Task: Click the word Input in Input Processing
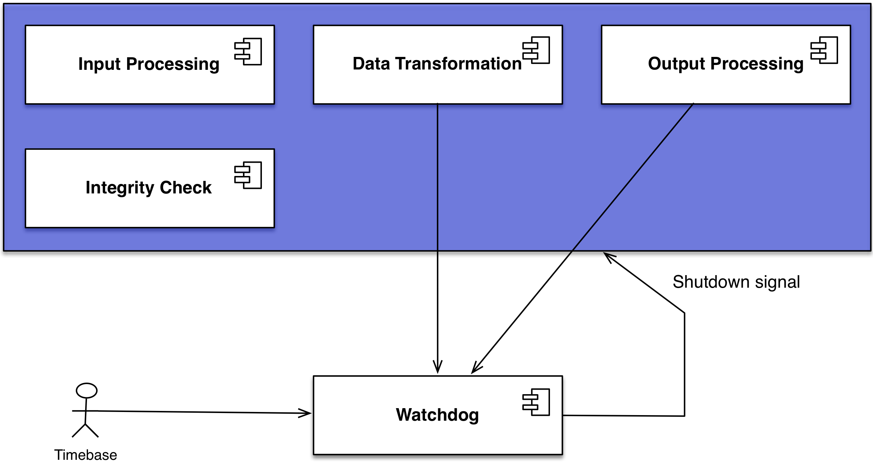(x=100, y=64)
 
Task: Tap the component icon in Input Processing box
(x=248, y=52)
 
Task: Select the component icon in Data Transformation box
(x=536, y=50)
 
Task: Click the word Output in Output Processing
(x=676, y=64)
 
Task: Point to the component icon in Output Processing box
(x=824, y=50)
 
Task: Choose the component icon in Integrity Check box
(x=248, y=175)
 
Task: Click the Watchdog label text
(x=437, y=415)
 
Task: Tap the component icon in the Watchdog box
(x=536, y=402)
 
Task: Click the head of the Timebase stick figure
(x=87, y=390)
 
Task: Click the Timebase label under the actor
(x=86, y=455)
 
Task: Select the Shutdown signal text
(x=736, y=282)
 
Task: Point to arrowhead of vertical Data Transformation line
(x=438, y=369)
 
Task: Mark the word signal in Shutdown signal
(x=777, y=282)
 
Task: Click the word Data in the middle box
(x=371, y=64)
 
